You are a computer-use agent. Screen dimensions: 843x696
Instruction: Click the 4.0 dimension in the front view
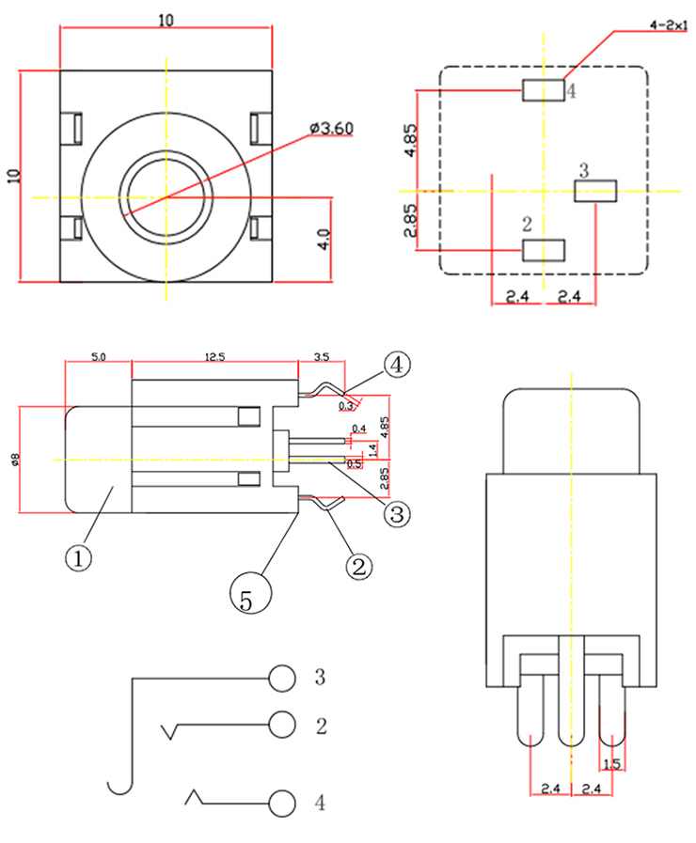coord(323,239)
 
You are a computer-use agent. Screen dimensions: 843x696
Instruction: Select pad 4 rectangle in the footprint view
coord(543,90)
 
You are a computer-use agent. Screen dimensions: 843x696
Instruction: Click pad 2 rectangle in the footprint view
coord(543,250)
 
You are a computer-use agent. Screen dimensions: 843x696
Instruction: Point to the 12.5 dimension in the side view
coord(214,357)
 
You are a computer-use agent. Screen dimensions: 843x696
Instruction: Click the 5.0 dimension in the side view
coord(98,357)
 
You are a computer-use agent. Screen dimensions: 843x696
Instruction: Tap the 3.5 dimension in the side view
coord(320,357)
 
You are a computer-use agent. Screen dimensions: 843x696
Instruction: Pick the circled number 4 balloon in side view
coord(396,366)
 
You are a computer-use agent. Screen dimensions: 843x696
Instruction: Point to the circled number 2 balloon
coord(358,566)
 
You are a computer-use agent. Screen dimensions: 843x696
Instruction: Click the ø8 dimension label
coord(14,460)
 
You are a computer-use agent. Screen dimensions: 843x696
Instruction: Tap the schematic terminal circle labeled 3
coord(281,677)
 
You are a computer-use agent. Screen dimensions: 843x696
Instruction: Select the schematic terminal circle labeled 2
coord(281,725)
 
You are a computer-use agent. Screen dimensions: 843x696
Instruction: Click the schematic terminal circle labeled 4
coord(281,804)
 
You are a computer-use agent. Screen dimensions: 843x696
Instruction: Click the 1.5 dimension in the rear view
coord(612,764)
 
